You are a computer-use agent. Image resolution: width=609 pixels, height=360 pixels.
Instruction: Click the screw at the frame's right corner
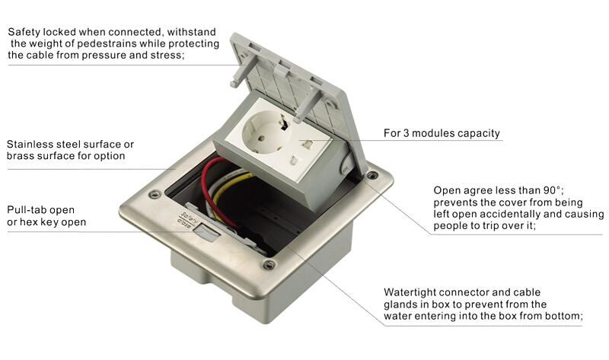coord(371,177)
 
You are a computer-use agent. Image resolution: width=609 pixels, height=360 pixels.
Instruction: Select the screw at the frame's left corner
coord(155,194)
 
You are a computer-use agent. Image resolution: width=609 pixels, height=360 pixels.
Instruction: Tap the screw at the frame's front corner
coord(269,265)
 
